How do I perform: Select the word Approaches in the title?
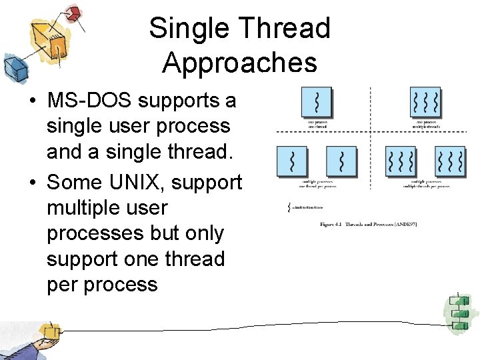click(239, 63)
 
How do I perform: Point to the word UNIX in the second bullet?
click(137, 182)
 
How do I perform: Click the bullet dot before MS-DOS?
click(31, 102)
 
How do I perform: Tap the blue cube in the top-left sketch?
click(14, 67)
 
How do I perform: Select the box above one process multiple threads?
click(425, 103)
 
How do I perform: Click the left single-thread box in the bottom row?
click(291, 161)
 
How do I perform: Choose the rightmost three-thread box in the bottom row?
click(449, 161)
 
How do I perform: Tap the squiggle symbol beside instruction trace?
click(289, 209)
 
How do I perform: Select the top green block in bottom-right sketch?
click(459, 299)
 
